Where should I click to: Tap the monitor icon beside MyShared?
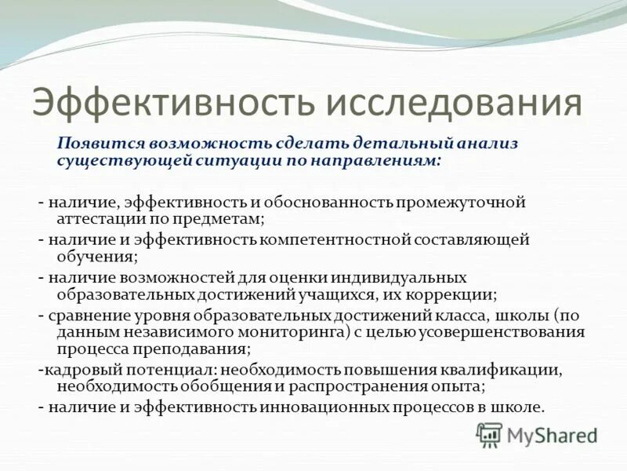490,434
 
